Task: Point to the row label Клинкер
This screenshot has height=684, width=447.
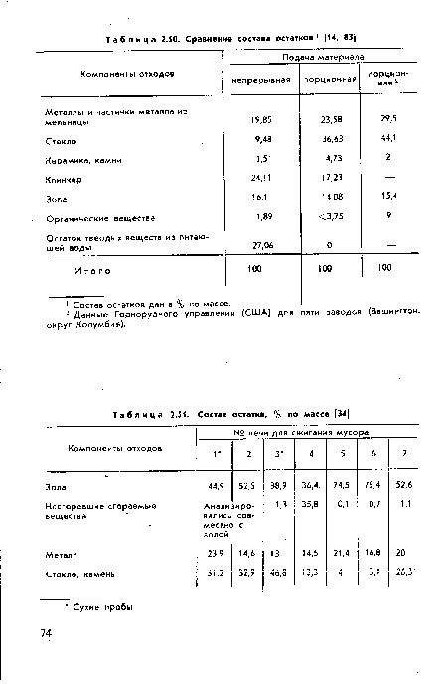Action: (x=62, y=180)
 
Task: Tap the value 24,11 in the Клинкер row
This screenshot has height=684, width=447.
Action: (x=262, y=180)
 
